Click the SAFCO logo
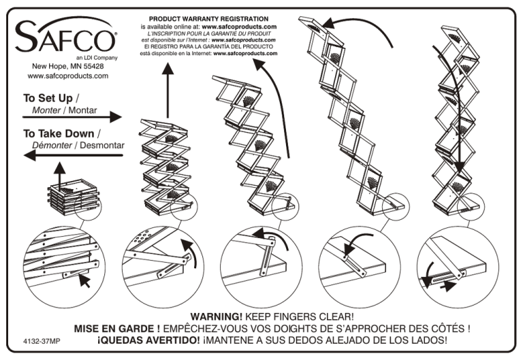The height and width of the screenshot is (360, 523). tap(65, 35)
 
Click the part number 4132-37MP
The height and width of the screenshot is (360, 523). tap(31, 340)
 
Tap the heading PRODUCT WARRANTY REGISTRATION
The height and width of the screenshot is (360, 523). tap(208, 18)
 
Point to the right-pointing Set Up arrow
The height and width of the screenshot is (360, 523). tap(72, 118)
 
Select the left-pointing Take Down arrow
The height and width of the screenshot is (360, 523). tap(72, 155)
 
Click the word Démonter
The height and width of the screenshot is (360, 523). tap(52, 145)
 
